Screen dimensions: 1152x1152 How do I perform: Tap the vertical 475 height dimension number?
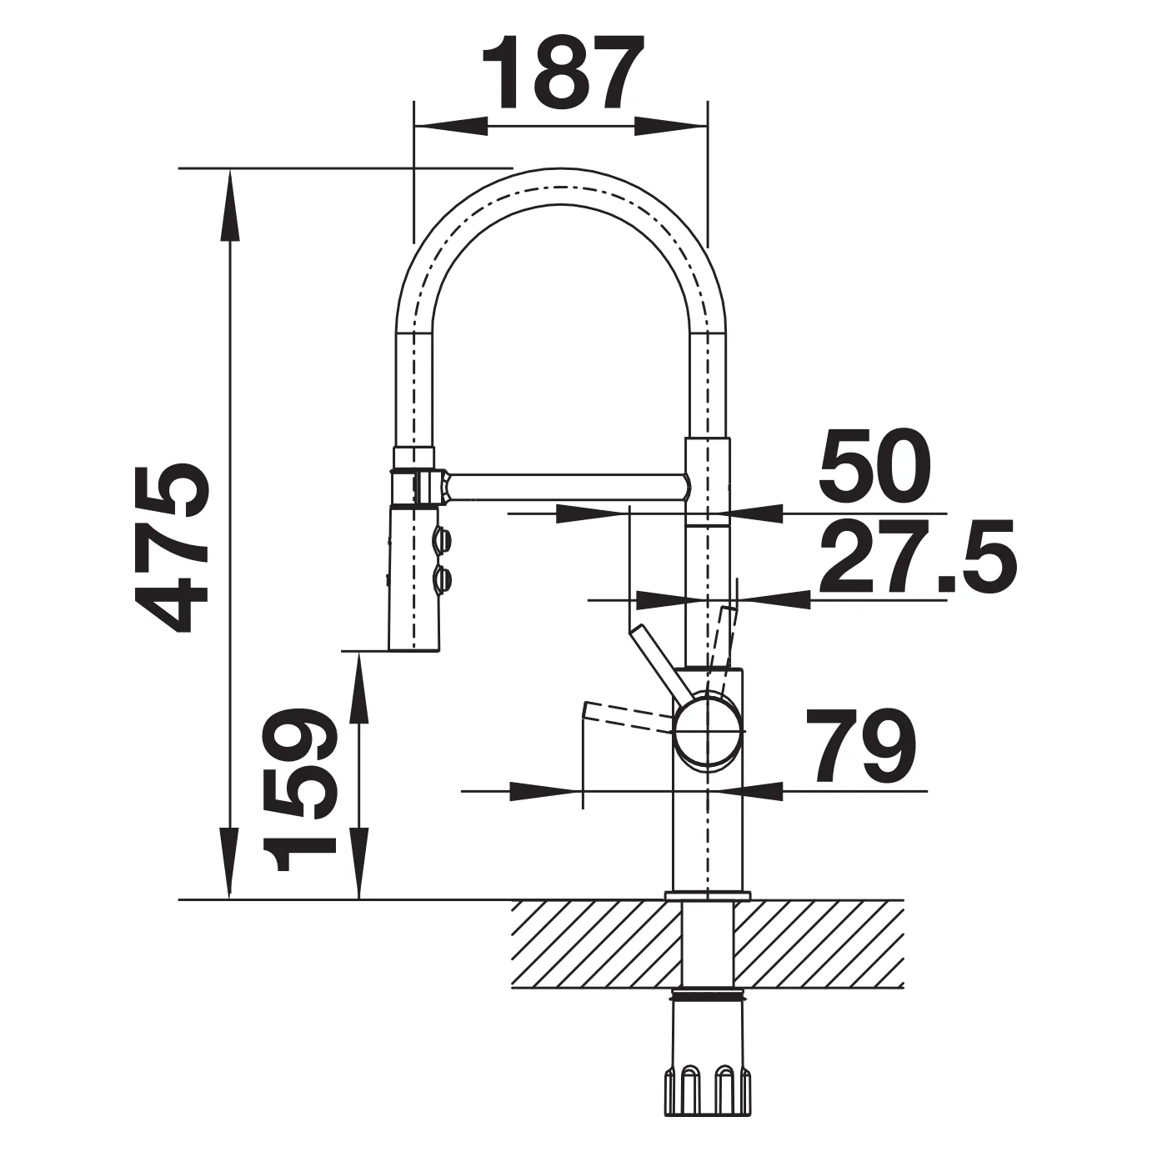point(172,548)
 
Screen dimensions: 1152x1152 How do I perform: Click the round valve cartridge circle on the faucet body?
point(709,733)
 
